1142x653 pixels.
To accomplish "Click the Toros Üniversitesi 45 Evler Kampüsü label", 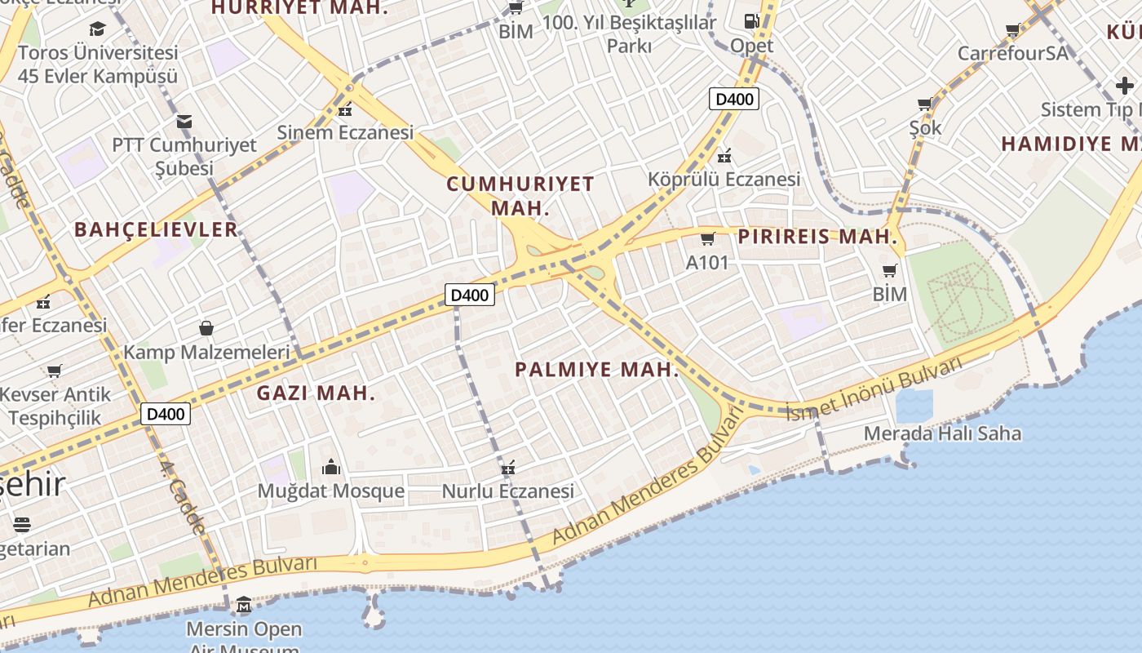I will tap(97, 64).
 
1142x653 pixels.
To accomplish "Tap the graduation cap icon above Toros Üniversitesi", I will tap(98, 29).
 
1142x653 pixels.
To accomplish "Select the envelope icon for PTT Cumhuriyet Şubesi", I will tap(184, 122).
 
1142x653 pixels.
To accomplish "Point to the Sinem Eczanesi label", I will tap(345, 132).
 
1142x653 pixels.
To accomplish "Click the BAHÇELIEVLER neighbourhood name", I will tap(156, 229).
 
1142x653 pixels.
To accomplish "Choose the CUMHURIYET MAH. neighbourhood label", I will tap(520, 196).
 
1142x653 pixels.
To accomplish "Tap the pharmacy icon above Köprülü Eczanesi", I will tap(724, 156).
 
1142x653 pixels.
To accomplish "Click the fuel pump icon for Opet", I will tap(751, 21).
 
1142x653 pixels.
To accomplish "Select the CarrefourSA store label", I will tap(1012, 53).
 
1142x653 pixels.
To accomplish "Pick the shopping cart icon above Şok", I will tap(925, 104).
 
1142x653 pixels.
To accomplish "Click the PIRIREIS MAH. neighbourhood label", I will tap(817, 238).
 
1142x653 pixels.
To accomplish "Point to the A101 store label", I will tap(707, 263).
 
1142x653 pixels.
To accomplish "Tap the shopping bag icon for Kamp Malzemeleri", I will tap(206, 328).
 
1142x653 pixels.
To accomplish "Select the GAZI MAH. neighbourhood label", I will tap(316, 393).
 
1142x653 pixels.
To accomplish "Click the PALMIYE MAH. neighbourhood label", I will tap(597, 370).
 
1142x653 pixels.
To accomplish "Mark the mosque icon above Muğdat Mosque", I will tap(330, 467).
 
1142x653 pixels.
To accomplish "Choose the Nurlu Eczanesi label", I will tap(507, 491).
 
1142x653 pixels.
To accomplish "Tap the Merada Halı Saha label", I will tap(942, 433).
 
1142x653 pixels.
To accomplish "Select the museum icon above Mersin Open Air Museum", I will tap(244, 606).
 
